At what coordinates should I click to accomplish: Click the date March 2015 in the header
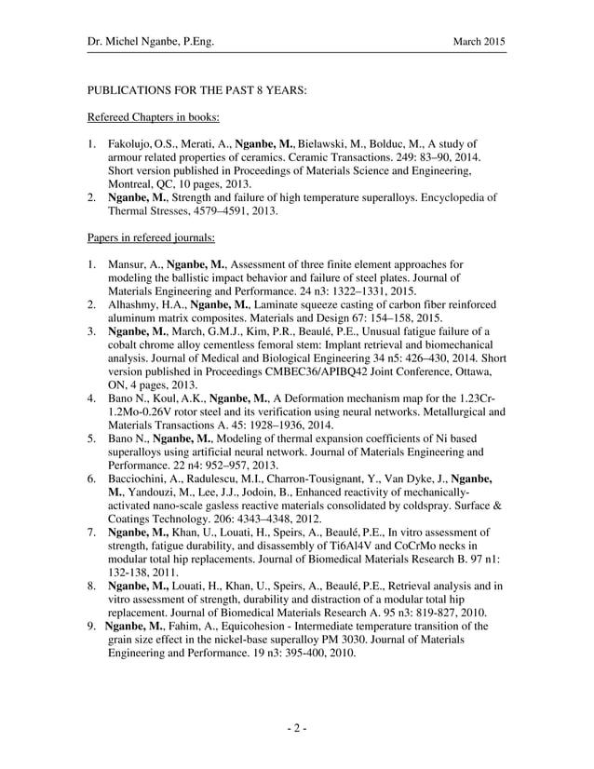479,42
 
